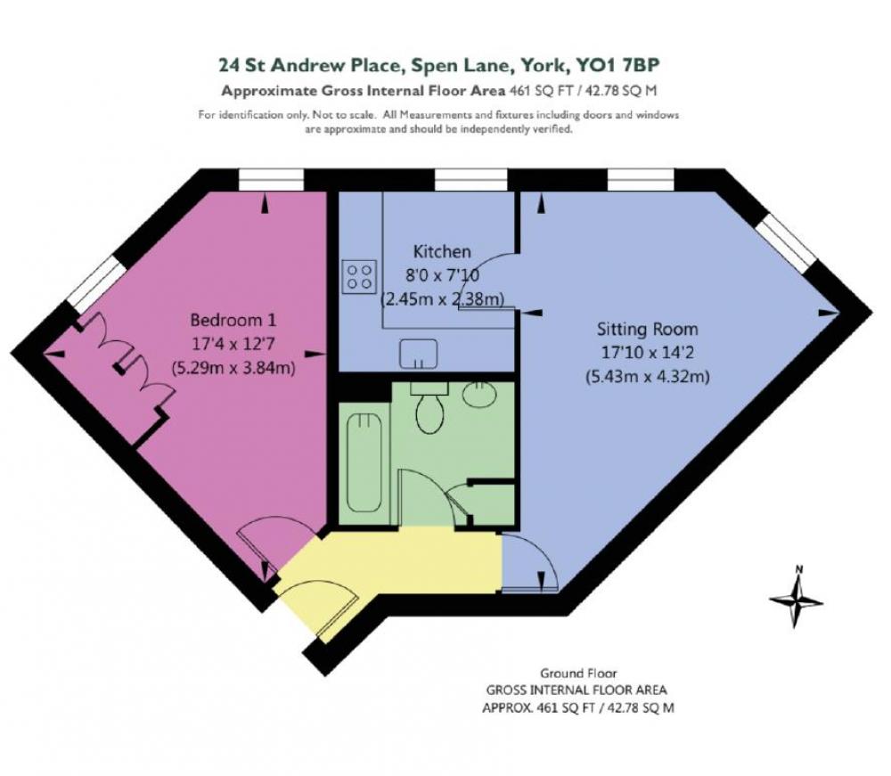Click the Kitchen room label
point(442,251)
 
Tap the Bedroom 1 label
point(233,321)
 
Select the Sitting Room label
point(647,330)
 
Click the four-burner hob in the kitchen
point(359,277)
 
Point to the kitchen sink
point(418,354)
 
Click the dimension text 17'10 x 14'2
point(647,353)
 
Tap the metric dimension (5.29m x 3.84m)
point(233,368)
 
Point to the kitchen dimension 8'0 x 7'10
point(442,275)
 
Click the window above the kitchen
point(470,180)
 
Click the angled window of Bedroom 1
point(95,283)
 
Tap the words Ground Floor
point(578,674)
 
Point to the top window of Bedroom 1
point(271,180)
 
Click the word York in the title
point(541,65)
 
